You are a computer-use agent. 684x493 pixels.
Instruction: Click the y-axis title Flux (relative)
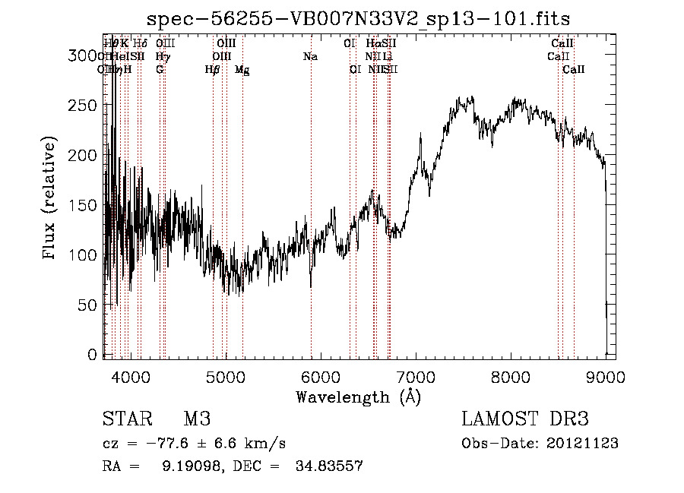tap(50, 199)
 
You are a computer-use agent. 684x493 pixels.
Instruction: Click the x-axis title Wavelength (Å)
tap(358, 397)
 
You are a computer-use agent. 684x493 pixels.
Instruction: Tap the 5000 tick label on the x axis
tap(226, 376)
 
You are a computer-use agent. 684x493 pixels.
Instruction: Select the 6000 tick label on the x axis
tap(321, 376)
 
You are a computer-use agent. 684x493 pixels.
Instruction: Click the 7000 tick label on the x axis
tap(416, 376)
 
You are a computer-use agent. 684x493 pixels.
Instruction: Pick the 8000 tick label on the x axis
tap(511, 376)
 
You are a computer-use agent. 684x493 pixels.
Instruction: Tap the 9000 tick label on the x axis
tap(606, 376)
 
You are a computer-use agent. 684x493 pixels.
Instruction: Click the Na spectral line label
tap(310, 57)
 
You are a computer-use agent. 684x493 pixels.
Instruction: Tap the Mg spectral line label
tap(242, 70)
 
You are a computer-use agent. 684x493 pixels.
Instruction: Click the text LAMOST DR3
tap(525, 419)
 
